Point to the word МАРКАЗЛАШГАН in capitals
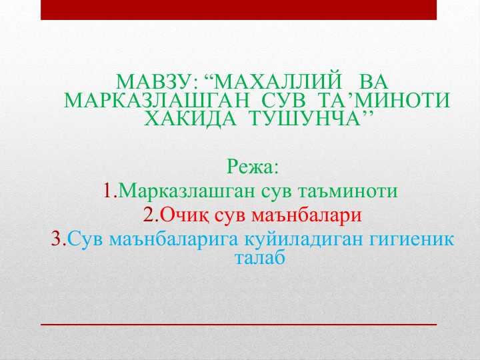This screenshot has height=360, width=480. coord(157,100)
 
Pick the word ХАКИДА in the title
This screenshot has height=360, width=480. coord(190,118)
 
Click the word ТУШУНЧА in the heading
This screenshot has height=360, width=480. coord(307,118)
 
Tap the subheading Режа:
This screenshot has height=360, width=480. coord(252,167)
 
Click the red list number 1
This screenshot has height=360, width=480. coord(108,191)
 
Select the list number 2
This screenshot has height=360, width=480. coord(150,215)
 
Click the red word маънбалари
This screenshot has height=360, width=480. coord(307,216)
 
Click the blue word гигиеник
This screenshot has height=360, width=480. coord(412,240)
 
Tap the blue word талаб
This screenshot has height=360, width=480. coord(260,257)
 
